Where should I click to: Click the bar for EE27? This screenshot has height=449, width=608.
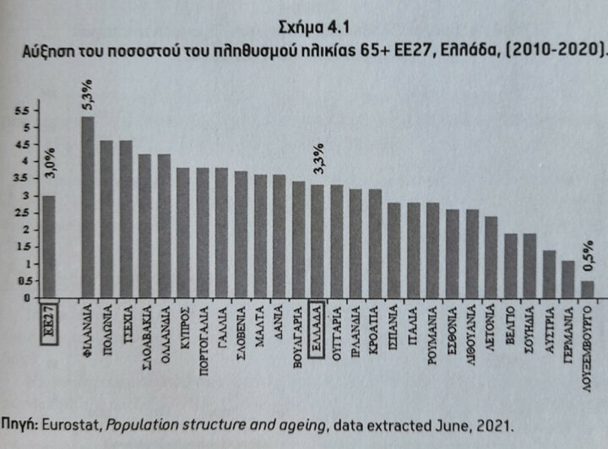48,246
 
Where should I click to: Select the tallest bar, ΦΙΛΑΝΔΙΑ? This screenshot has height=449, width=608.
87,207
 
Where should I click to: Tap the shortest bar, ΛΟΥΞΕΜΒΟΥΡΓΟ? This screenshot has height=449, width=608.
587,289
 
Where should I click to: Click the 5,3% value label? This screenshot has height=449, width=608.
88,94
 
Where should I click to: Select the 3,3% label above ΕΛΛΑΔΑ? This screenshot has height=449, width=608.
318,159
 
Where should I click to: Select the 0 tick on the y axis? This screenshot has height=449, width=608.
26,298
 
